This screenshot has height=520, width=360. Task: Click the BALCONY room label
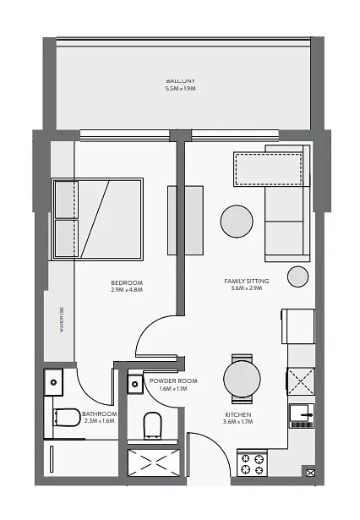click(x=180, y=80)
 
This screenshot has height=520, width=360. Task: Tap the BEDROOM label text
click(x=127, y=283)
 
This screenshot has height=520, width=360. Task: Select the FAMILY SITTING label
click(x=247, y=282)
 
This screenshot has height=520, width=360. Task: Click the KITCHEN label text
click(x=238, y=414)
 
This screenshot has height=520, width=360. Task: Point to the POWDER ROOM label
click(x=173, y=381)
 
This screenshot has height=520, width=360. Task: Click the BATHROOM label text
click(x=100, y=413)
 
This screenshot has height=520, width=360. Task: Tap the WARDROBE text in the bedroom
click(x=63, y=320)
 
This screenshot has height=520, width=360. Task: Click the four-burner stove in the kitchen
click(x=253, y=464)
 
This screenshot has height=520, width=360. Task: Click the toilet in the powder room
click(x=152, y=425)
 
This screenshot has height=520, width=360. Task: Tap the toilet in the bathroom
click(x=67, y=418)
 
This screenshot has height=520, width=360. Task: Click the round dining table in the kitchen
click(x=242, y=379)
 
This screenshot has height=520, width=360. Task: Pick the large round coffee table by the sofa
click(x=237, y=222)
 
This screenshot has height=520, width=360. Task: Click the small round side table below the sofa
click(x=297, y=276)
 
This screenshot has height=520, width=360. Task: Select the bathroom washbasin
click(x=54, y=382)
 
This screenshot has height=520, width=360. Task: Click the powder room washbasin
click(x=135, y=384)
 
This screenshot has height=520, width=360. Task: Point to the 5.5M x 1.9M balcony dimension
click(x=180, y=89)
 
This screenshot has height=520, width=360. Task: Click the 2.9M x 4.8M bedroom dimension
click(x=127, y=290)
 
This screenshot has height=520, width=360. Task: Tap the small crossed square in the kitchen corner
click(x=311, y=473)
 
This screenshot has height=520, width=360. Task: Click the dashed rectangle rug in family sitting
click(x=268, y=169)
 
